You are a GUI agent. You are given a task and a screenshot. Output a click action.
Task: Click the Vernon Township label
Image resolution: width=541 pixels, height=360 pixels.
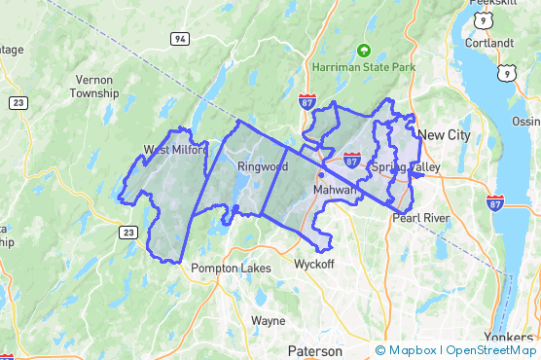[x=94, y=87]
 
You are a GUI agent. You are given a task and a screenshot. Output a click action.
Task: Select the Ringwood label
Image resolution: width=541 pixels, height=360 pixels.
[x=261, y=166]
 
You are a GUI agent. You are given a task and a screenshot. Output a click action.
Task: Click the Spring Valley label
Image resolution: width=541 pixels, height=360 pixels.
[x=405, y=167]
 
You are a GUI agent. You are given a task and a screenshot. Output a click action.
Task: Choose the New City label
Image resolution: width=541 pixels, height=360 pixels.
[x=447, y=135]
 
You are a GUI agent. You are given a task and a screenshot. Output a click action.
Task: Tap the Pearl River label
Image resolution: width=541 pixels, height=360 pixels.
[x=420, y=218]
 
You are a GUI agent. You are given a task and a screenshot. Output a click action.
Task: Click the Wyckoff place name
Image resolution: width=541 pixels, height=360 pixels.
[x=314, y=264]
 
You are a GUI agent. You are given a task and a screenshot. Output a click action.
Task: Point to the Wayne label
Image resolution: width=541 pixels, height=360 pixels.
[x=268, y=320]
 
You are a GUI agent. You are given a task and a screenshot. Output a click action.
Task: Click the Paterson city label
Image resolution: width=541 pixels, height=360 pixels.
[x=314, y=350]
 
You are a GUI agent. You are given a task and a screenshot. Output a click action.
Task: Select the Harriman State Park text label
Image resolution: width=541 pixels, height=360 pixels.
[x=363, y=67]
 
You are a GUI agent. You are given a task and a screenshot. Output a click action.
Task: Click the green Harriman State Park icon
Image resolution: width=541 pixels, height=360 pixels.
[x=364, y=50]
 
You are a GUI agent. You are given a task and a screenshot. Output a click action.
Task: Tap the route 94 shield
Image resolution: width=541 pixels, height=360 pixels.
[x=179, y=39]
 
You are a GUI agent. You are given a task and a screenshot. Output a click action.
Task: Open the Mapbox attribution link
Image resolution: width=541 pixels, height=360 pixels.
[x=406, y=350]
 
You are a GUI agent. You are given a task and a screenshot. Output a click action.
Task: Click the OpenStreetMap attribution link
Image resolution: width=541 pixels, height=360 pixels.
[x=491, y=350]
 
